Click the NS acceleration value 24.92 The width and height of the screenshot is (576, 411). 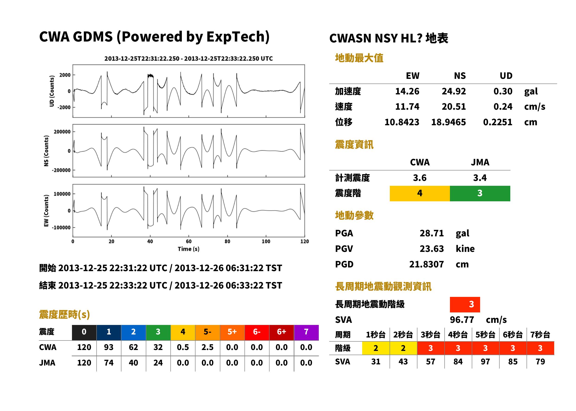tap(454, 91)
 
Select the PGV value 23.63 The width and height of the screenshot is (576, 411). tap(432, 248)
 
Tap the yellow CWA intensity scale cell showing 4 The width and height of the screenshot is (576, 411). tap(420, 193)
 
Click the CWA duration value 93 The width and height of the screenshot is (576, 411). tap(109, 347)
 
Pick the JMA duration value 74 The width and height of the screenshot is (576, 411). tap(109, 363)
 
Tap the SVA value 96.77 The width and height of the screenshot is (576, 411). tap(462, 320)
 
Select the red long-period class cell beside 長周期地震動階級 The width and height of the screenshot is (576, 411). tap(465, 305)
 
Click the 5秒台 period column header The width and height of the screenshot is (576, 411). tap(485, 334)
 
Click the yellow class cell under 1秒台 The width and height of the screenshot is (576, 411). tap(376, 348)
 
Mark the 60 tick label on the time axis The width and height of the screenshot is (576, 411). tap(189, 241)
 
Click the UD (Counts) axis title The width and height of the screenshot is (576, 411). tap(52, 91)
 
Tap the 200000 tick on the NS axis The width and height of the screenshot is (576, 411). tap(62, 132)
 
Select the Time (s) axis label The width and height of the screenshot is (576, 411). tap(189, 249)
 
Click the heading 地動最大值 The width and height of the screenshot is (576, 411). tap(359, 58)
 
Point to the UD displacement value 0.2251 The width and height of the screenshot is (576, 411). tap(498, 122)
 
